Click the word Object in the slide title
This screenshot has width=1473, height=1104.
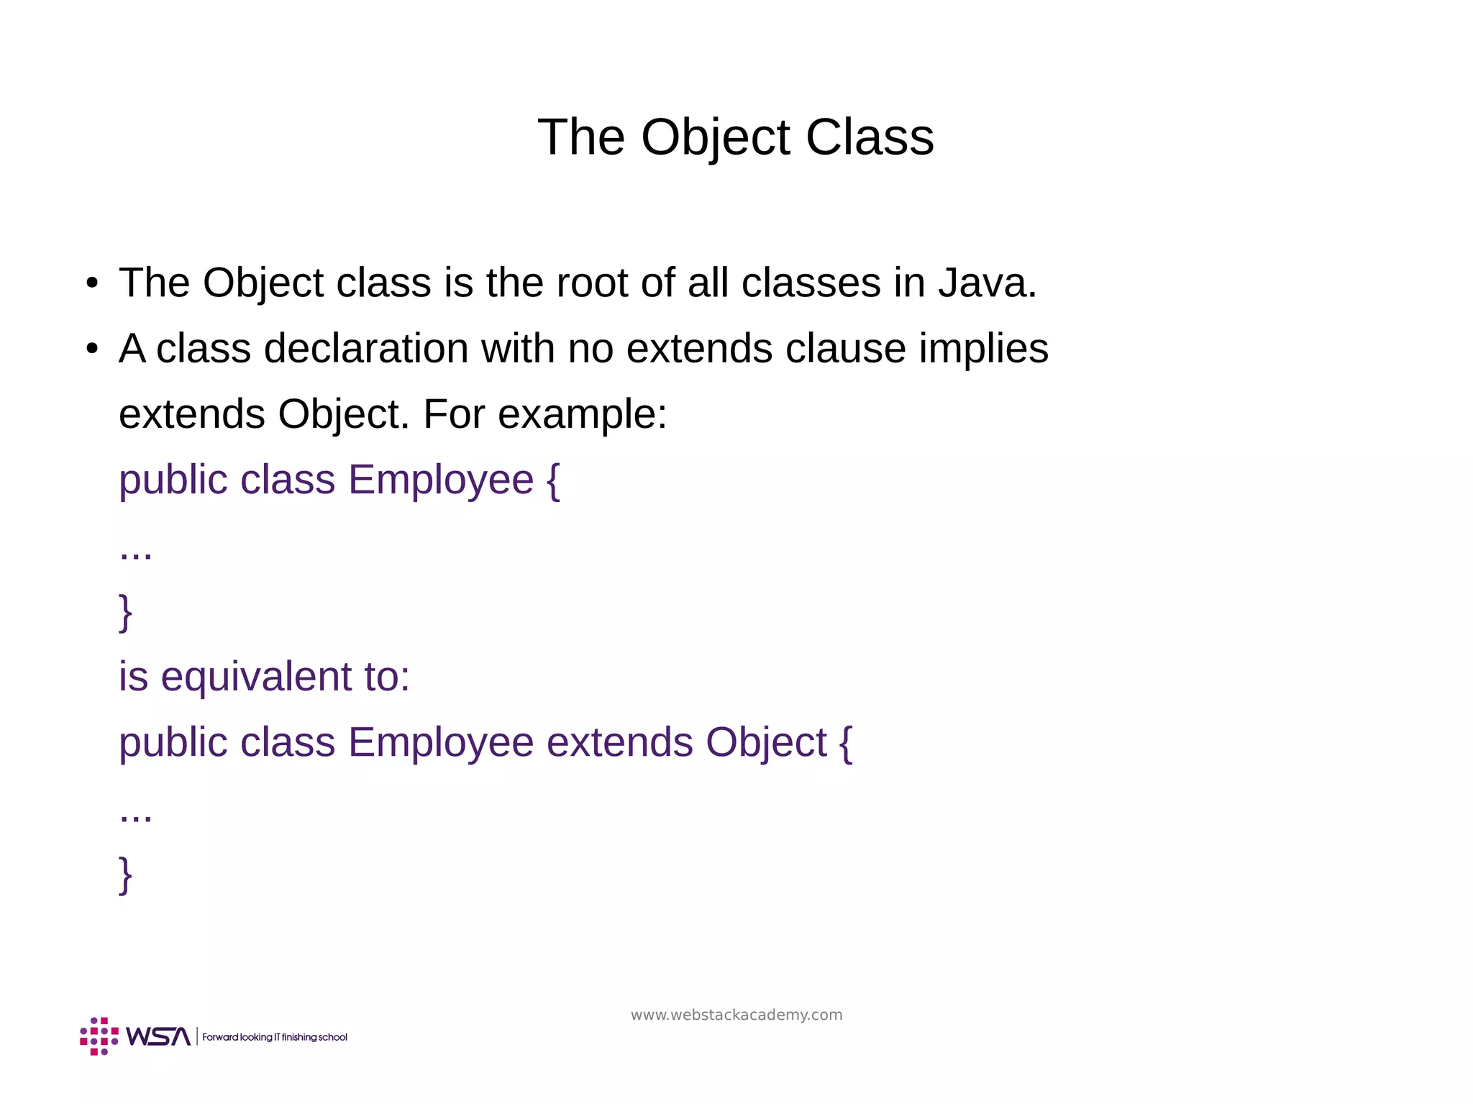point(716,138)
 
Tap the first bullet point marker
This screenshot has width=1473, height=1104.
point(91,283)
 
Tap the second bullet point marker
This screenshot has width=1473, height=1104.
point(91,350)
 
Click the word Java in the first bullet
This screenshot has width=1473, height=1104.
point(987,283)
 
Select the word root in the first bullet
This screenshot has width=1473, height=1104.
point(592,283)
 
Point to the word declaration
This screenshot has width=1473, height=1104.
point(365,349)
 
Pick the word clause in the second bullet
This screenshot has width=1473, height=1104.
point(845,349)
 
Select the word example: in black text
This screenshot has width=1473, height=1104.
point(582,415)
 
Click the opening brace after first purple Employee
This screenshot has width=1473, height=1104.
point(552,480)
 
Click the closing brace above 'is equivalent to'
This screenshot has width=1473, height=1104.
point(125,612)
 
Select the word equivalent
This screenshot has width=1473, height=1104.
point(256,678)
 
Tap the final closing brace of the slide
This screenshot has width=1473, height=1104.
point(125,875)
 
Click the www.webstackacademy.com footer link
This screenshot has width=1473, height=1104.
point(736,1015)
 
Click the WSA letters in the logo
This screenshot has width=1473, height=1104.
point(158,1036)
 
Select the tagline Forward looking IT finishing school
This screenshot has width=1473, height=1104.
point(275,1037)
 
